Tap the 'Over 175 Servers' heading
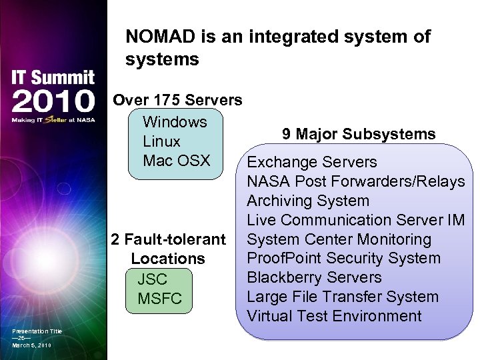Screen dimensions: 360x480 point(177,101)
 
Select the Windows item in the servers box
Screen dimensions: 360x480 point(175,122)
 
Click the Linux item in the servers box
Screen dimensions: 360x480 point(161,141)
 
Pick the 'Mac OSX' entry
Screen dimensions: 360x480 point(176,161)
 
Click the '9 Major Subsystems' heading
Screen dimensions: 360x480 point(359,134)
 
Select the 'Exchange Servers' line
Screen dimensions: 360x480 point(312,162)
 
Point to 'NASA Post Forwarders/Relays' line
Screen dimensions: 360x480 point(355,181)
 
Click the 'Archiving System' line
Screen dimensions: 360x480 point(307,201)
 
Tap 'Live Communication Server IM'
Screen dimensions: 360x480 point(355,220)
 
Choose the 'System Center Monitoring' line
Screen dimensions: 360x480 point(339,239)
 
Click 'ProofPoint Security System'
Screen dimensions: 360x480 point(343,258)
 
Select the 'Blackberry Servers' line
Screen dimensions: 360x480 point(314,277)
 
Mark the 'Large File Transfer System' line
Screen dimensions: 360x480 point(343,297)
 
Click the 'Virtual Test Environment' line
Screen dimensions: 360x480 point(334,316)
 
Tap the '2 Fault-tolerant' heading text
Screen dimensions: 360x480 point(169,239)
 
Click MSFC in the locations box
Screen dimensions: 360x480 point(159,299)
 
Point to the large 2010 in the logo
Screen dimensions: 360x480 point(53,102)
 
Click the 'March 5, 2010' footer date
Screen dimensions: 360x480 point(31,345)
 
